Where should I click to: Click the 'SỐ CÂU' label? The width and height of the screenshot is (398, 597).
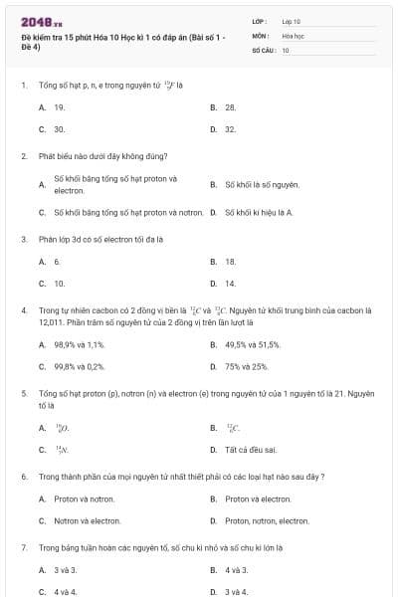pos(262,49)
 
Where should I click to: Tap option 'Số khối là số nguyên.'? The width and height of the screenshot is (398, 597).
pos(262,184)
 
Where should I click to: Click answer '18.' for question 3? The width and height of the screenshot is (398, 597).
pos(230,262)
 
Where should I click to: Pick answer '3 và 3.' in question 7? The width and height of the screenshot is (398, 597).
pos(65,570)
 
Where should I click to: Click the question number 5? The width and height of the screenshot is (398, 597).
pos(24,394)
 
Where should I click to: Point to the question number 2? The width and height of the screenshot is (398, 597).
pos(24,156)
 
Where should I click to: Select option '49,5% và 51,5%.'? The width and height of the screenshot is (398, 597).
pos(253,344)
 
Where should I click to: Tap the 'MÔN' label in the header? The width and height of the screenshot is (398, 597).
pos(260,35)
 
